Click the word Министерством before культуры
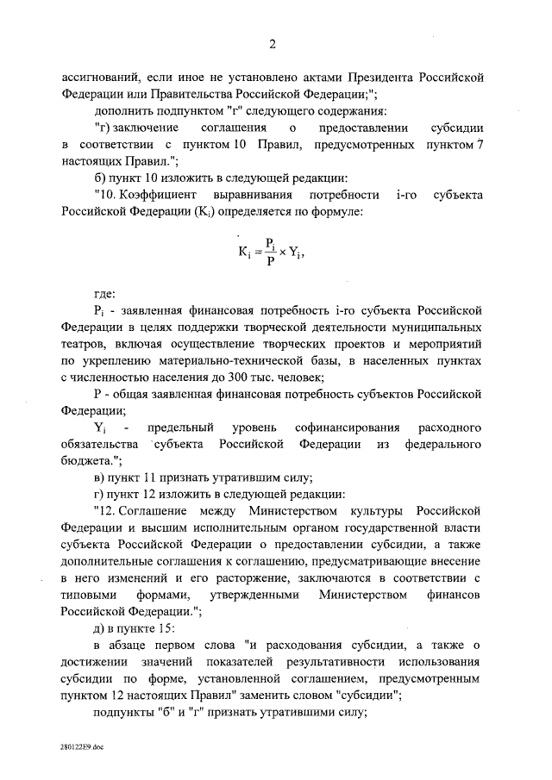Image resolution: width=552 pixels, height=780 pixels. tap(291, 510)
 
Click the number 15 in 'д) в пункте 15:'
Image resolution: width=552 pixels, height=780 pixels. tap(163, 627)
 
